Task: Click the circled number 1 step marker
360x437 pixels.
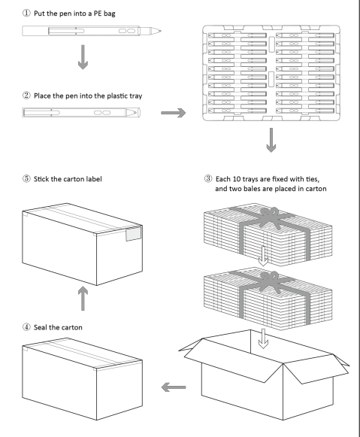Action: pos(26,13)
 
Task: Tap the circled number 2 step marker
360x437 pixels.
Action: pos(26,96)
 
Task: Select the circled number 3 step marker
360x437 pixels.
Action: pos(208,179)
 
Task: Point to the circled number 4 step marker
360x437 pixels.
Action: pos(26,327)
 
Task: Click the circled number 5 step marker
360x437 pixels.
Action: pos(26,179)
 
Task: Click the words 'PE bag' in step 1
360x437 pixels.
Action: pos(104,14)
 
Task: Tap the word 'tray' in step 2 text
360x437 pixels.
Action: pos(135,96)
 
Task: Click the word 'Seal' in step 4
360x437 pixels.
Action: pos(41,327)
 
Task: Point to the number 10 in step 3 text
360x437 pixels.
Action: pos(237,179)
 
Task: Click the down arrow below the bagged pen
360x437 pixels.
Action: pos(83,57)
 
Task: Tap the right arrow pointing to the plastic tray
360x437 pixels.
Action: pos(173,113)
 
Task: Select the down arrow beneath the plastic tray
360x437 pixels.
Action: pos(271,140)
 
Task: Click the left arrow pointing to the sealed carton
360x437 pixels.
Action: pos(174,387)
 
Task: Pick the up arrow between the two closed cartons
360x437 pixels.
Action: pos(83,299)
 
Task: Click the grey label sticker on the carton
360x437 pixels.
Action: pos(133,234)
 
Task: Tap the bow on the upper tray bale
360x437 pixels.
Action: pos(270,218)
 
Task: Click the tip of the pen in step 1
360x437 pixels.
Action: pos(161,31)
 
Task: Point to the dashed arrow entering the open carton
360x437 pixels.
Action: pos(263,338)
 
